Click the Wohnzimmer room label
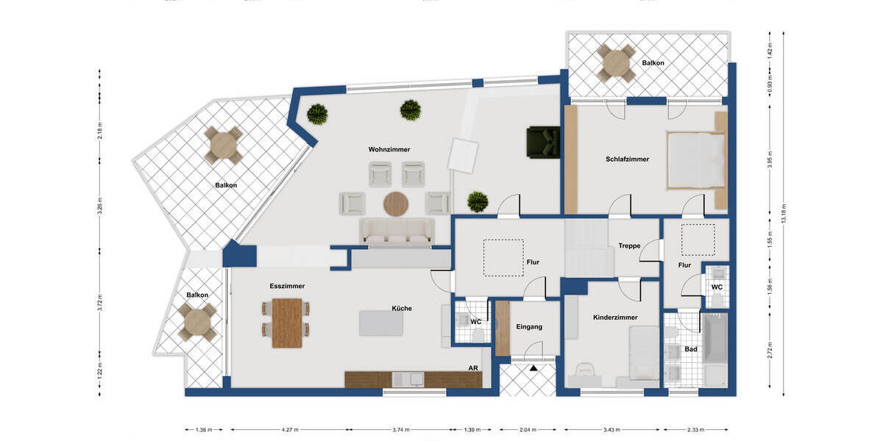coord(389,149)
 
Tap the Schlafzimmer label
coord(627,159)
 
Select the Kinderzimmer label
coord(615,318)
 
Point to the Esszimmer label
coord(287,286)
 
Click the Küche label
coord(401,309)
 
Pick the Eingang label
coord(528,326)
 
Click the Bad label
coord(690,349)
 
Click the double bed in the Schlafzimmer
coord(695,159)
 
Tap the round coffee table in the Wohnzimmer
coord(396,204)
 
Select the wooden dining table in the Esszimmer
coord(287,323)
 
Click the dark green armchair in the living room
coord(543,142)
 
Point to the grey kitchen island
coord(380,323)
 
